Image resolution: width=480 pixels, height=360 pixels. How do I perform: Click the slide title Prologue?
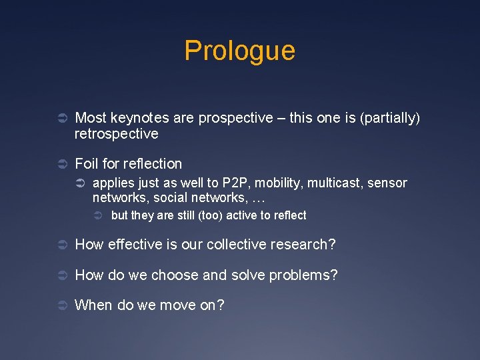[239, 51]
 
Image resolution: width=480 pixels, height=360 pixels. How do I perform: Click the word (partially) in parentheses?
[391, 118]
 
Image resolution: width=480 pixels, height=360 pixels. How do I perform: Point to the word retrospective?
[117, 134]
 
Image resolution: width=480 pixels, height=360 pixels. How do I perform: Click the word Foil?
[87, 163]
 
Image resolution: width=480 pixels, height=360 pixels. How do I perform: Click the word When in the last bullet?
[94, 305]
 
